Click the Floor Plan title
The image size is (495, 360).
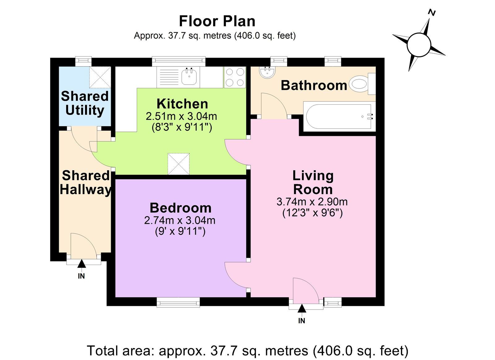217,21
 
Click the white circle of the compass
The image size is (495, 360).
419,45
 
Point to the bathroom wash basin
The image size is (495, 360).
267,72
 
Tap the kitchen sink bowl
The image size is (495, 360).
189,77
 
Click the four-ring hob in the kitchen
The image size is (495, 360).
235,77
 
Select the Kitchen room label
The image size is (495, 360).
182,104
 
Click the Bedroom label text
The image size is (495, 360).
181,208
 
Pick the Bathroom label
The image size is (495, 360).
314,85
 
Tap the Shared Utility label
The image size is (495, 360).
85,103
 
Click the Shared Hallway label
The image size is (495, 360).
85,183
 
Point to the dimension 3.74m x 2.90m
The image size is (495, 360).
312,202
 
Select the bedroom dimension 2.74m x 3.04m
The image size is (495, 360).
180,220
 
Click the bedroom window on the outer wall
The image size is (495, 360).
178,302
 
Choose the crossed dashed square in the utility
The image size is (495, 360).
100,77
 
